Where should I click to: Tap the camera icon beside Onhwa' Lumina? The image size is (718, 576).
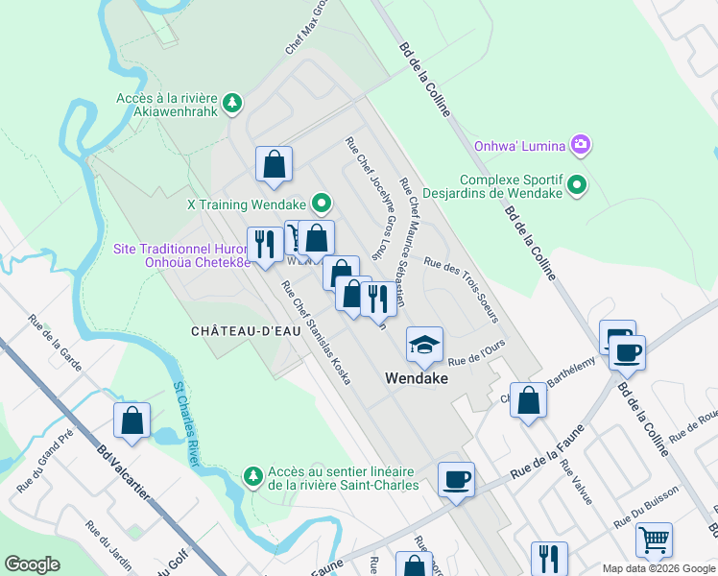tap(579, 146)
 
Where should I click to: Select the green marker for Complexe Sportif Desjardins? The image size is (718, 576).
tap(576, 182)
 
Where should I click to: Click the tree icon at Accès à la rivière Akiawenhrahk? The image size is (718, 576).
tap(230, 101)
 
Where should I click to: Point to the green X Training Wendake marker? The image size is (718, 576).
tap(321, 204)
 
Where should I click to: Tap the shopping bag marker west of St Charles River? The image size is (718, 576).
tap(132, 420)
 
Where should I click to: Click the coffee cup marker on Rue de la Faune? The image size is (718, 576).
tap(456, 478)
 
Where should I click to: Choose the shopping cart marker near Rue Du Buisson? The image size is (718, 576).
tap(654, 540)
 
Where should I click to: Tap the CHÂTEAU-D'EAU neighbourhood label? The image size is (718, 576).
tap(238, 330)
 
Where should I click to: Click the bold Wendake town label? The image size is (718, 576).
tap(418, 377)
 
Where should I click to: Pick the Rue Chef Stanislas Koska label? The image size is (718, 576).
tap(316, 331)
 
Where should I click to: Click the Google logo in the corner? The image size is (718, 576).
tap(33, 564)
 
